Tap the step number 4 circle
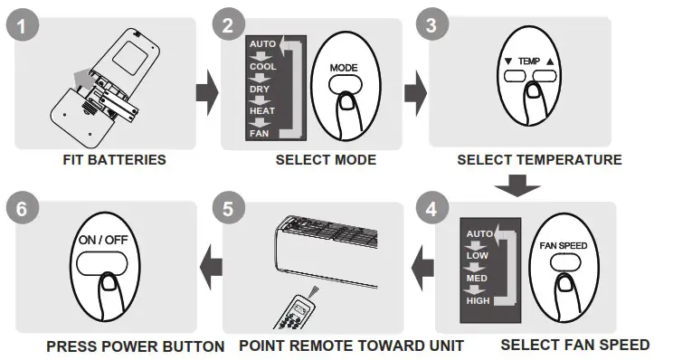tap(431, 207)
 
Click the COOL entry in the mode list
tap(261, 66)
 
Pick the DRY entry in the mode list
tap(260, 90)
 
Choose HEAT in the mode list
tap(261, 111)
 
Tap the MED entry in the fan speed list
tap(478, 279)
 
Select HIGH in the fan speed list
tap(479, 300)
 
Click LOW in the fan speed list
tap(477, 256)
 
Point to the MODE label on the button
tap(344, 68)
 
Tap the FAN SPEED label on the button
tap(563, 245)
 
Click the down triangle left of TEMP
tap(508, 62)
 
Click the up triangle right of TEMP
tap(549, 62)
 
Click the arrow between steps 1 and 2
tap(207, 90)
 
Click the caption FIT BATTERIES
tap(114, 160)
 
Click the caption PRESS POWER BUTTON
tap(136, 346)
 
